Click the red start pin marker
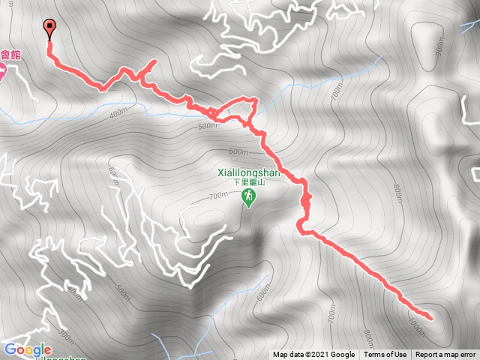click(x=50, y=28)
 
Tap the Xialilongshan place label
click(x=247, y=172)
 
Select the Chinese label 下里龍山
click(x=247, y=182)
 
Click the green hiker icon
click(x=247, y=197)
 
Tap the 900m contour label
click(x=439, y=46)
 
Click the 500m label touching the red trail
click(x=208, y=125)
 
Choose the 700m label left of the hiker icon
click(x=217, y=196)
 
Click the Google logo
click(x=27, y=349)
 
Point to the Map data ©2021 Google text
click(x=313, y=355)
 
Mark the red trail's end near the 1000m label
click(x=431, y=318)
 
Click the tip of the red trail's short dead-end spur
click(x=154, y=61)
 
